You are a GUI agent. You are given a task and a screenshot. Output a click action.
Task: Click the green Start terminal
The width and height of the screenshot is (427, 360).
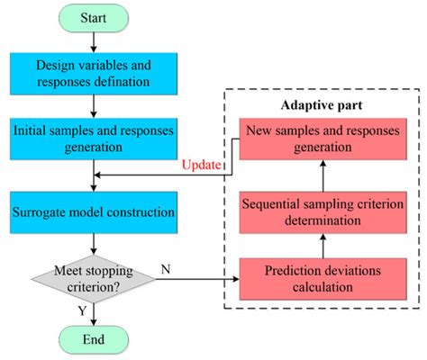point(95,18)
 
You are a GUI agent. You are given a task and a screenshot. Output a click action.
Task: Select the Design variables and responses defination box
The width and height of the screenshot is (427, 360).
point(95,73)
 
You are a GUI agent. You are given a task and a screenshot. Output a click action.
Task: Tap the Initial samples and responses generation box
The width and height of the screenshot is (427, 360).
point(95,138)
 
